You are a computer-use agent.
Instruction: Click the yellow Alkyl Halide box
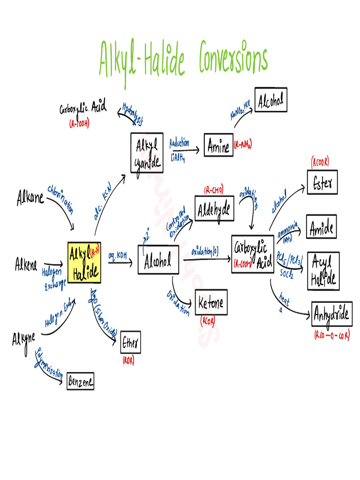(x=84, y=262)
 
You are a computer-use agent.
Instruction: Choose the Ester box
(x=322, y=183)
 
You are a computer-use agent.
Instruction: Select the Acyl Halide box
(x=323, y=271)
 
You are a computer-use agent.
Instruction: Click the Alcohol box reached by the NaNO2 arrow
(x=270, y=100)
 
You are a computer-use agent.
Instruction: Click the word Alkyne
(x=23, y=338)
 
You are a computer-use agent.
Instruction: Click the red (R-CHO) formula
(x=214, y=190)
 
